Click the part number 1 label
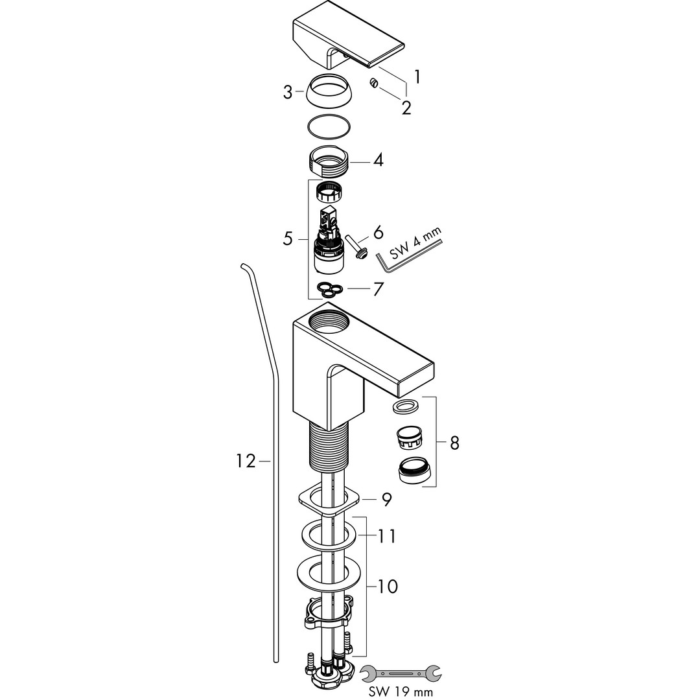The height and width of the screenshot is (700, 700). point(417,77)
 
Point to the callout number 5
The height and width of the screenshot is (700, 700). point(288,239)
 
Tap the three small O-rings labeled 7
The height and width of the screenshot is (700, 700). point(329,288)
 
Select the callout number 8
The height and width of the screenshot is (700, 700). point(454,443)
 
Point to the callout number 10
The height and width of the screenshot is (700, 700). point(387,587)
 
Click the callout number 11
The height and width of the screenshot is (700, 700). point(387,536)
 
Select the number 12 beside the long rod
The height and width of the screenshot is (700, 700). point(246,461)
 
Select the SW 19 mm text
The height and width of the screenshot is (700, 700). point(397,692)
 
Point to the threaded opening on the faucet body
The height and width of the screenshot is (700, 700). point(329,320)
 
